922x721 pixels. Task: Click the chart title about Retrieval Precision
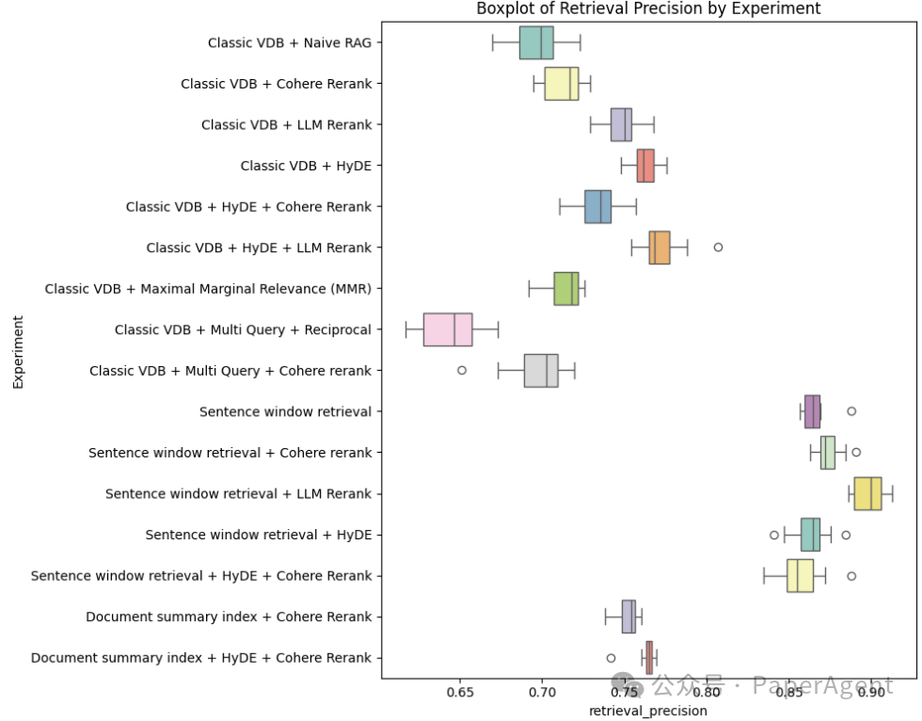(x=648, y=8)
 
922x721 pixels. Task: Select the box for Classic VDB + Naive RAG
(x=536, y=42)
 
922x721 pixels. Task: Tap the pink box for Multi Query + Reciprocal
(x=448, y=329)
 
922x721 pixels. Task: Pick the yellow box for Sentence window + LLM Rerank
(x=867, y=493)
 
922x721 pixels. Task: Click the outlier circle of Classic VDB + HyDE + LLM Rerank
(x=718, y=247)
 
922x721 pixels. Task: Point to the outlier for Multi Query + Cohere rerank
(x=462, y=370)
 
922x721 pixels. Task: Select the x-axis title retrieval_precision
(x=648, y=712)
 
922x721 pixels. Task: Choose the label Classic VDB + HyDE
(x=306, y=166)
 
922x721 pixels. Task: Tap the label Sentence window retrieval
(x=285, y=411)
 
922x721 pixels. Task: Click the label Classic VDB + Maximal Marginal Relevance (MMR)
(x=208, y=289)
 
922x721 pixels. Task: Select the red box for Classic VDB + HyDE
(x=645, y=166)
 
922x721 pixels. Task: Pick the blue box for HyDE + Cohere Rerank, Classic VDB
(x=597, y=206)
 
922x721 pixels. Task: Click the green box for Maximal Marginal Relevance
(x=566, y=288)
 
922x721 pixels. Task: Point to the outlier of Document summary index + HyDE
(x=611, y=658)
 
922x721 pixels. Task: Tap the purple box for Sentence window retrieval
(x=812, y=411)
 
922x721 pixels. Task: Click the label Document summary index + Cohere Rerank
(x=229, y=617)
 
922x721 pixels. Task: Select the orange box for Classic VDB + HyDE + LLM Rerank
(x=660, y=247)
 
